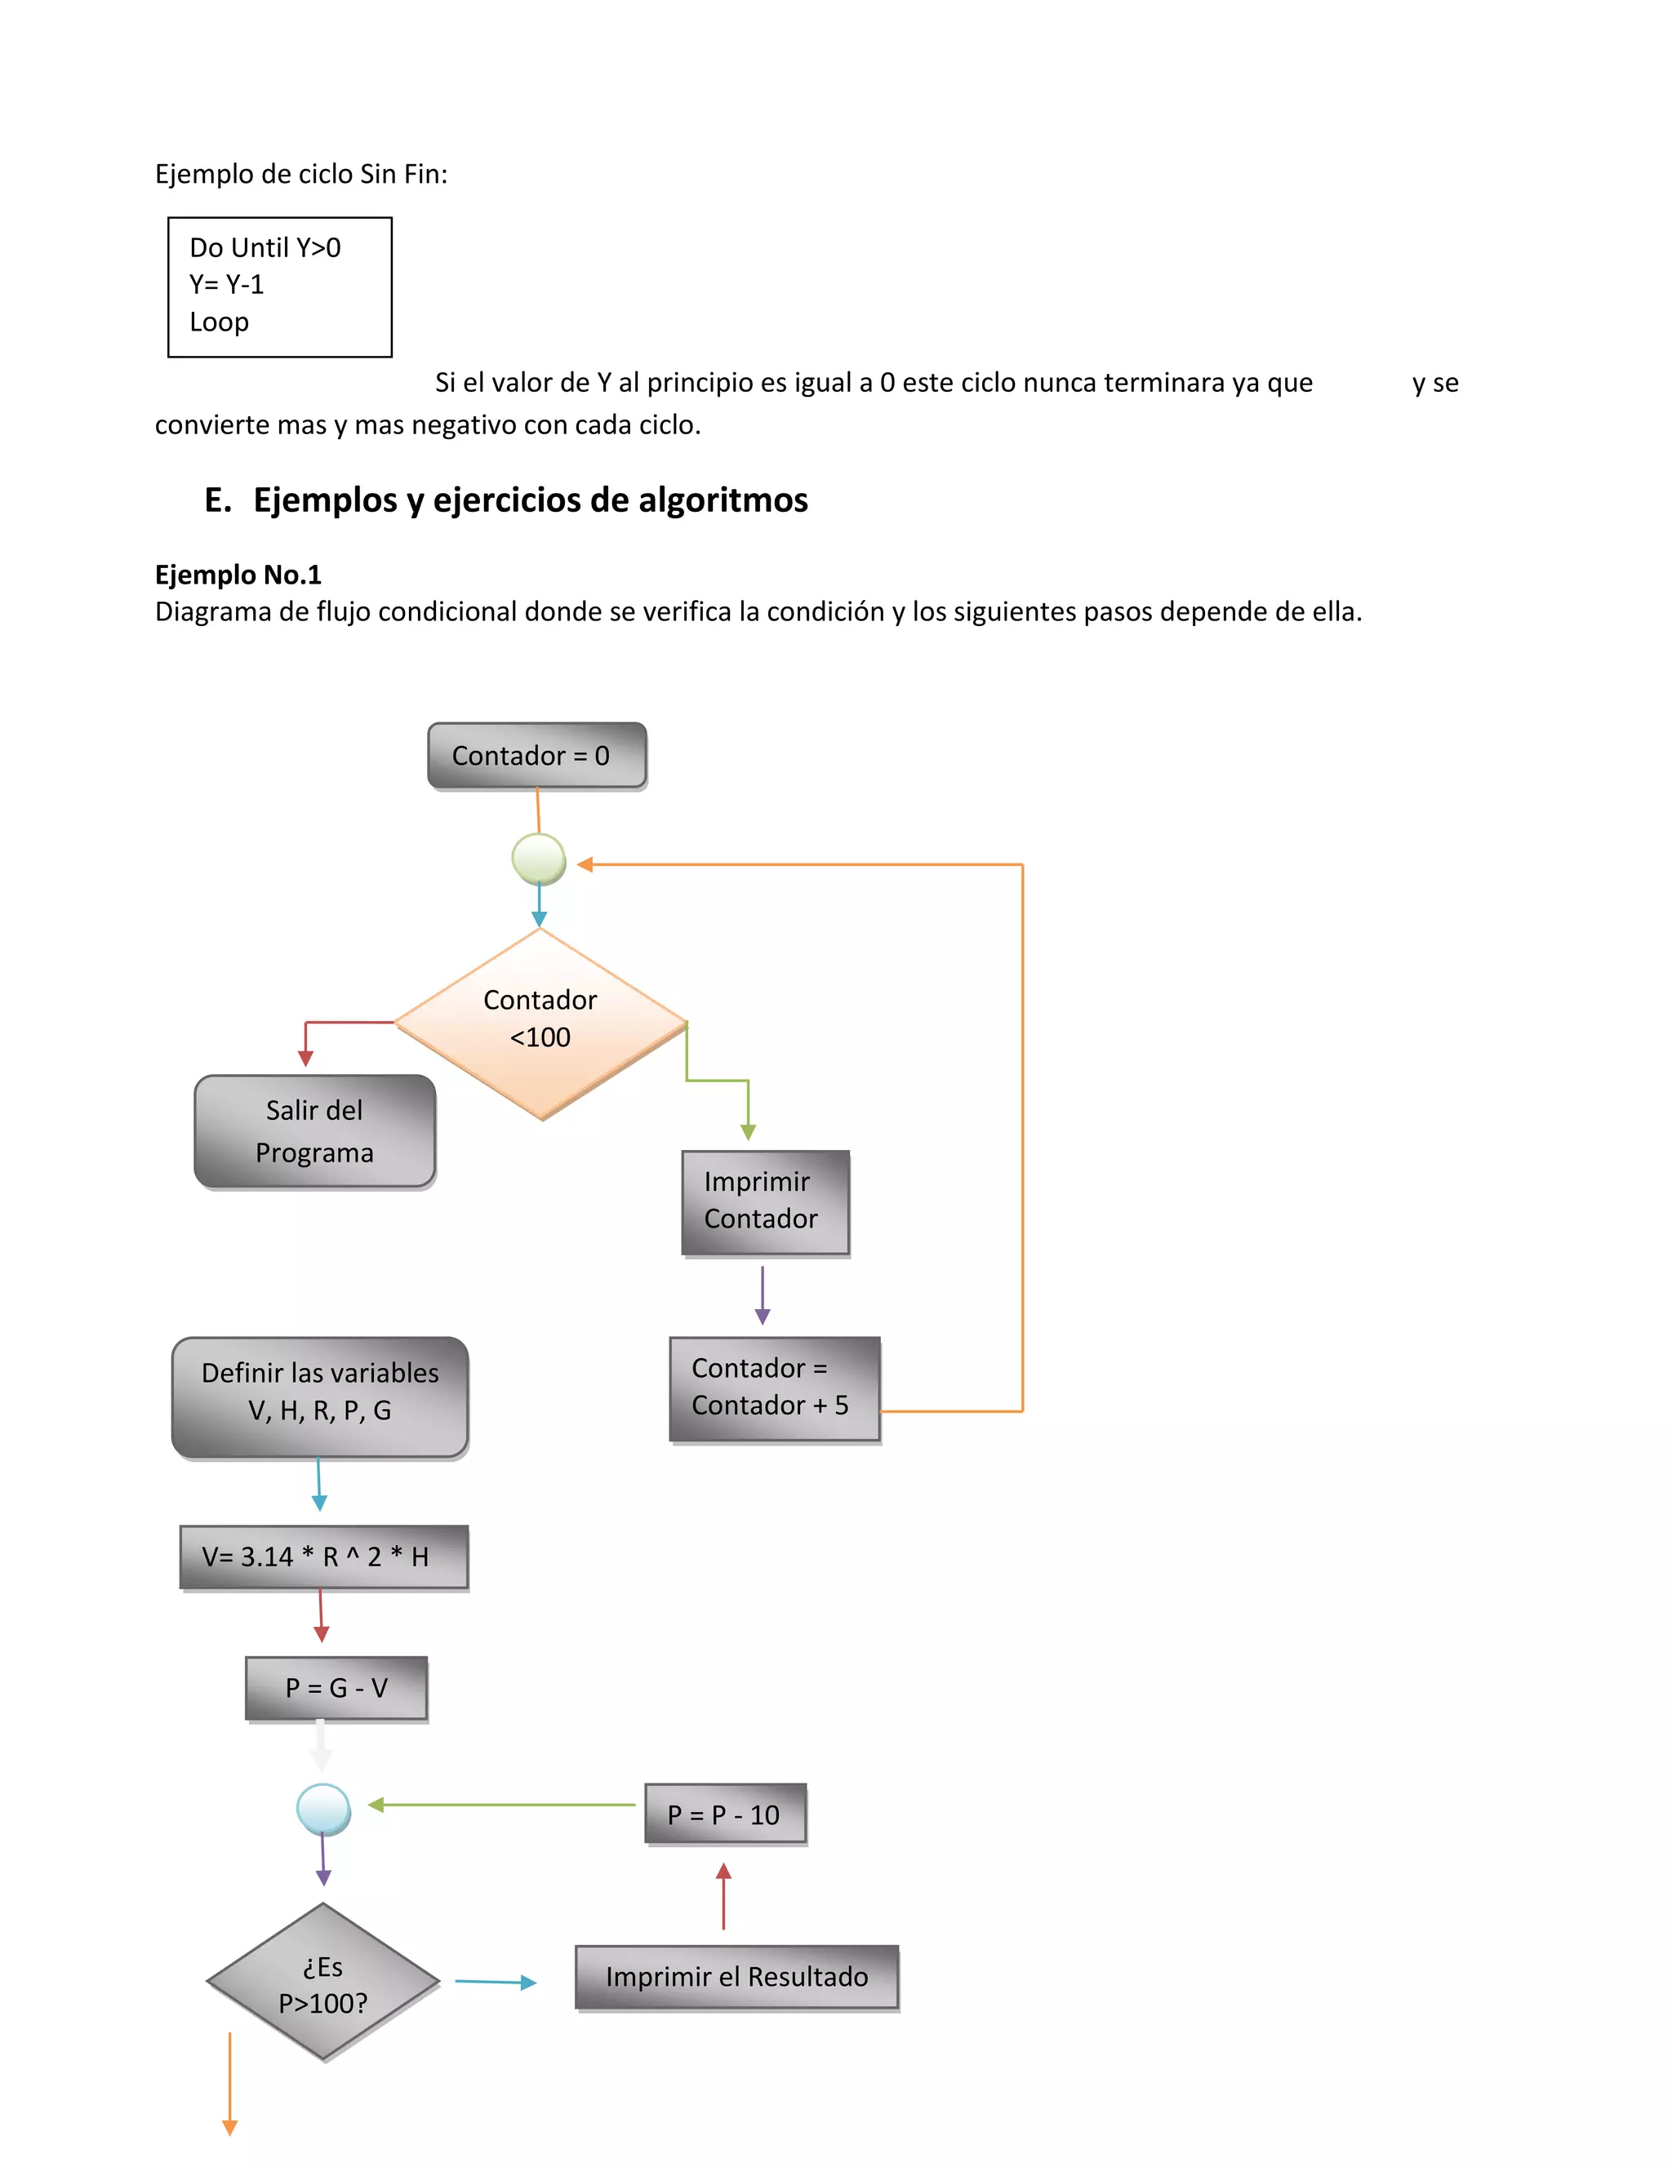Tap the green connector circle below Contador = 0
tap(538, 859)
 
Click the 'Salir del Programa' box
tap(315, 1131)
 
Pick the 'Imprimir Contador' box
tap(765, 1201)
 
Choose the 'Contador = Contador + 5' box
tap(774, 1388)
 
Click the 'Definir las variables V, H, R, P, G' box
tap(319, 1397)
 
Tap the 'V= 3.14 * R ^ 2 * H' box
tap(323, 1557)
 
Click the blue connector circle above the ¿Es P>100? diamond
tap(323, 1809)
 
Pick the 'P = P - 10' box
tap(724, 1814)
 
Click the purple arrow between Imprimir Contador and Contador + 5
tap(762, 1295)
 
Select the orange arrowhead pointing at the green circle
tap(585, 864)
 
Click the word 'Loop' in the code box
tap(219, 322)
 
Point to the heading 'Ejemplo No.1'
tap(238, 575)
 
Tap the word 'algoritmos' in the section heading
tap(722, 500)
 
